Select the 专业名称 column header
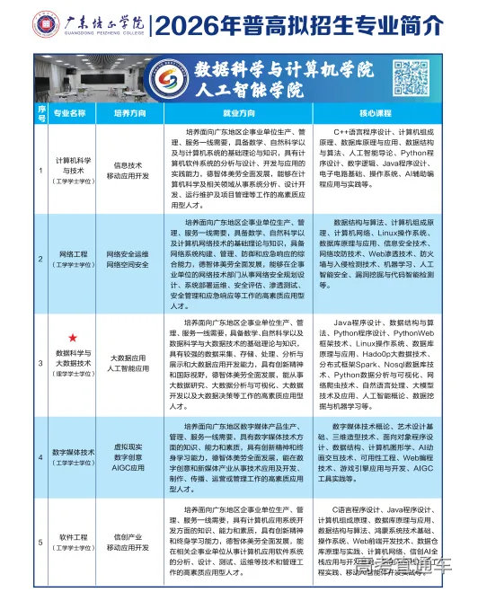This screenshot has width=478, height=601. pyautogui.click(x=71, y=114)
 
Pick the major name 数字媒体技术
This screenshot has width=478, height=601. pyautogui.click(x=72, y=454)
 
